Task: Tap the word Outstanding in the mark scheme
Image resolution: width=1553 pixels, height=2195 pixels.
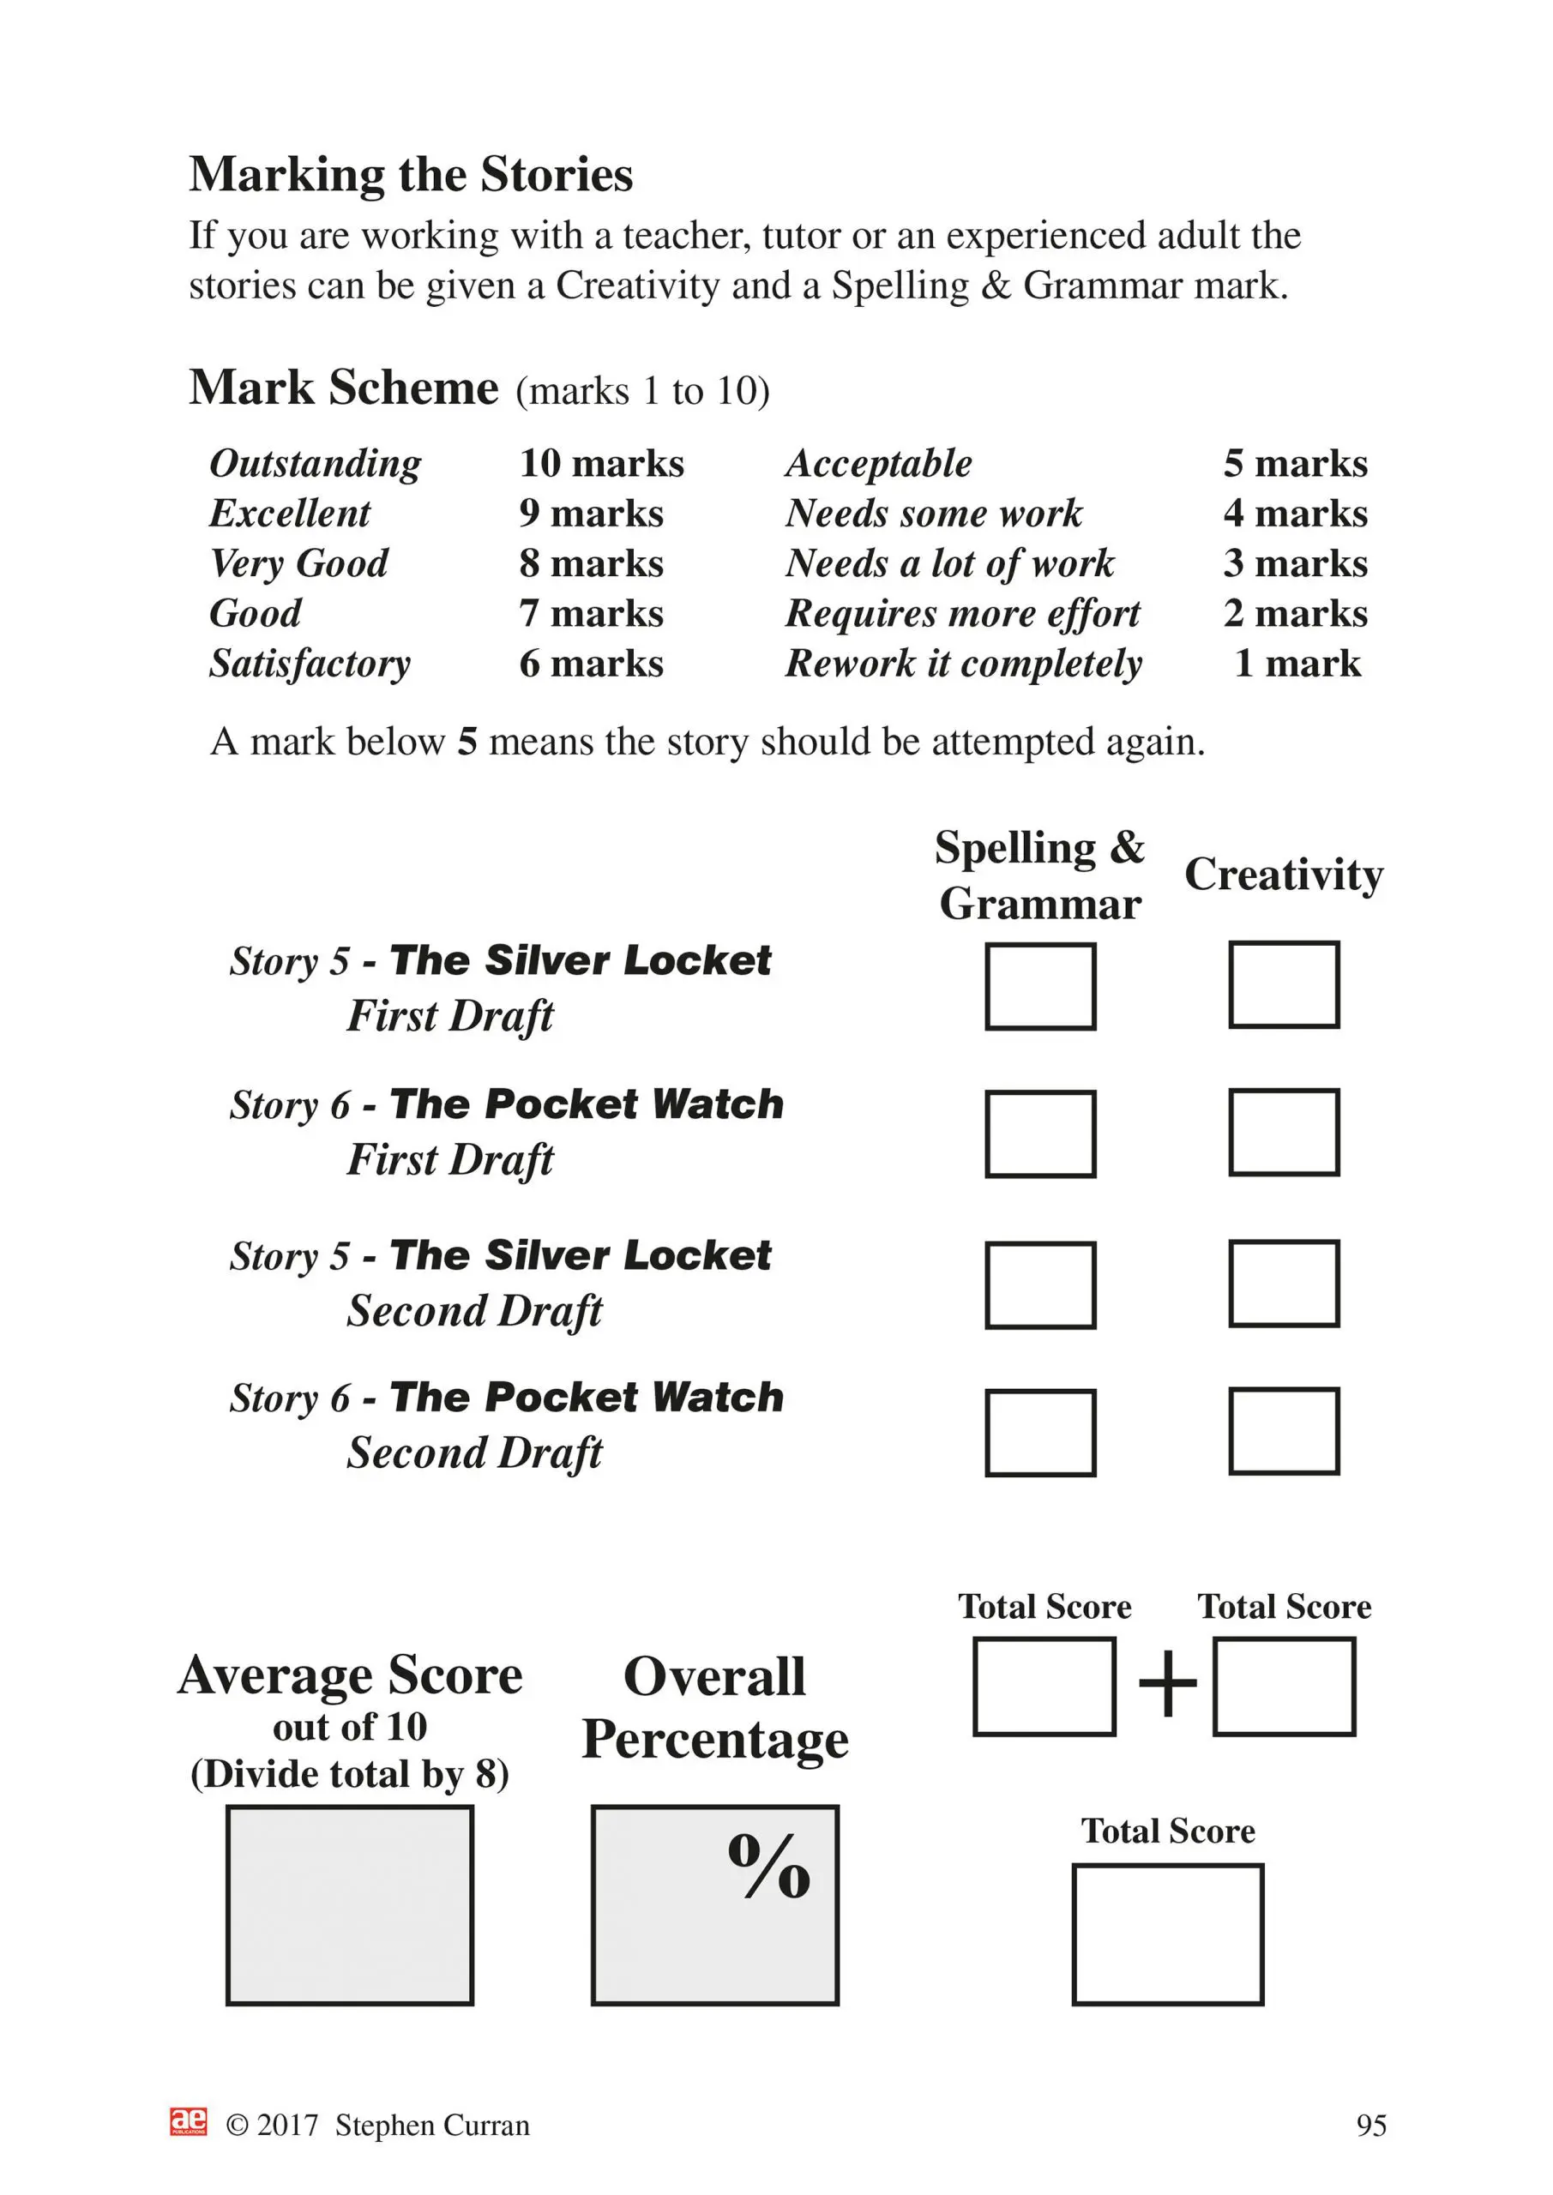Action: coord(315,464)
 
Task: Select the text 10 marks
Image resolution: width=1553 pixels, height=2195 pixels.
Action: coord(601,464)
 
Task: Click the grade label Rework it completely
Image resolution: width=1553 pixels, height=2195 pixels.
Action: coord(963,664)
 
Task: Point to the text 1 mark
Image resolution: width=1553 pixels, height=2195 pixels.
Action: coord(1297,664)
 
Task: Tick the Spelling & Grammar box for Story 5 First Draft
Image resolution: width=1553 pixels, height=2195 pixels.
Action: coord(1039,987)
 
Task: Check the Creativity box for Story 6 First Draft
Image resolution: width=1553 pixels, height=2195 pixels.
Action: coord(1284,1132)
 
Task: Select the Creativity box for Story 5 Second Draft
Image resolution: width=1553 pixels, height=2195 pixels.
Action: coord(1284,1284)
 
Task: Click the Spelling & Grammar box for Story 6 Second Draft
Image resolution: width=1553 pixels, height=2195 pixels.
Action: coord(1039,1433)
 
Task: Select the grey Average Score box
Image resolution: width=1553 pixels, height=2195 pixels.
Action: coord(350,1905)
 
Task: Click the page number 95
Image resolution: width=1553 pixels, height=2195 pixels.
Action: coord(1370,2126)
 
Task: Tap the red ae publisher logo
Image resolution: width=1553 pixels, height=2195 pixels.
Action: coord(189,2121)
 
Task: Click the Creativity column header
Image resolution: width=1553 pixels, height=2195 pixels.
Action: coord(1284,874)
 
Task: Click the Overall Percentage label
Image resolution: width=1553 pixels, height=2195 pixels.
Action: coord(714,1707)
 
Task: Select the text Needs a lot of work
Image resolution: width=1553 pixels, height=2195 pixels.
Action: coord(949,564)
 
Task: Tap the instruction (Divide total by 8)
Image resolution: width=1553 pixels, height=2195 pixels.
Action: coord(350,1774)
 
